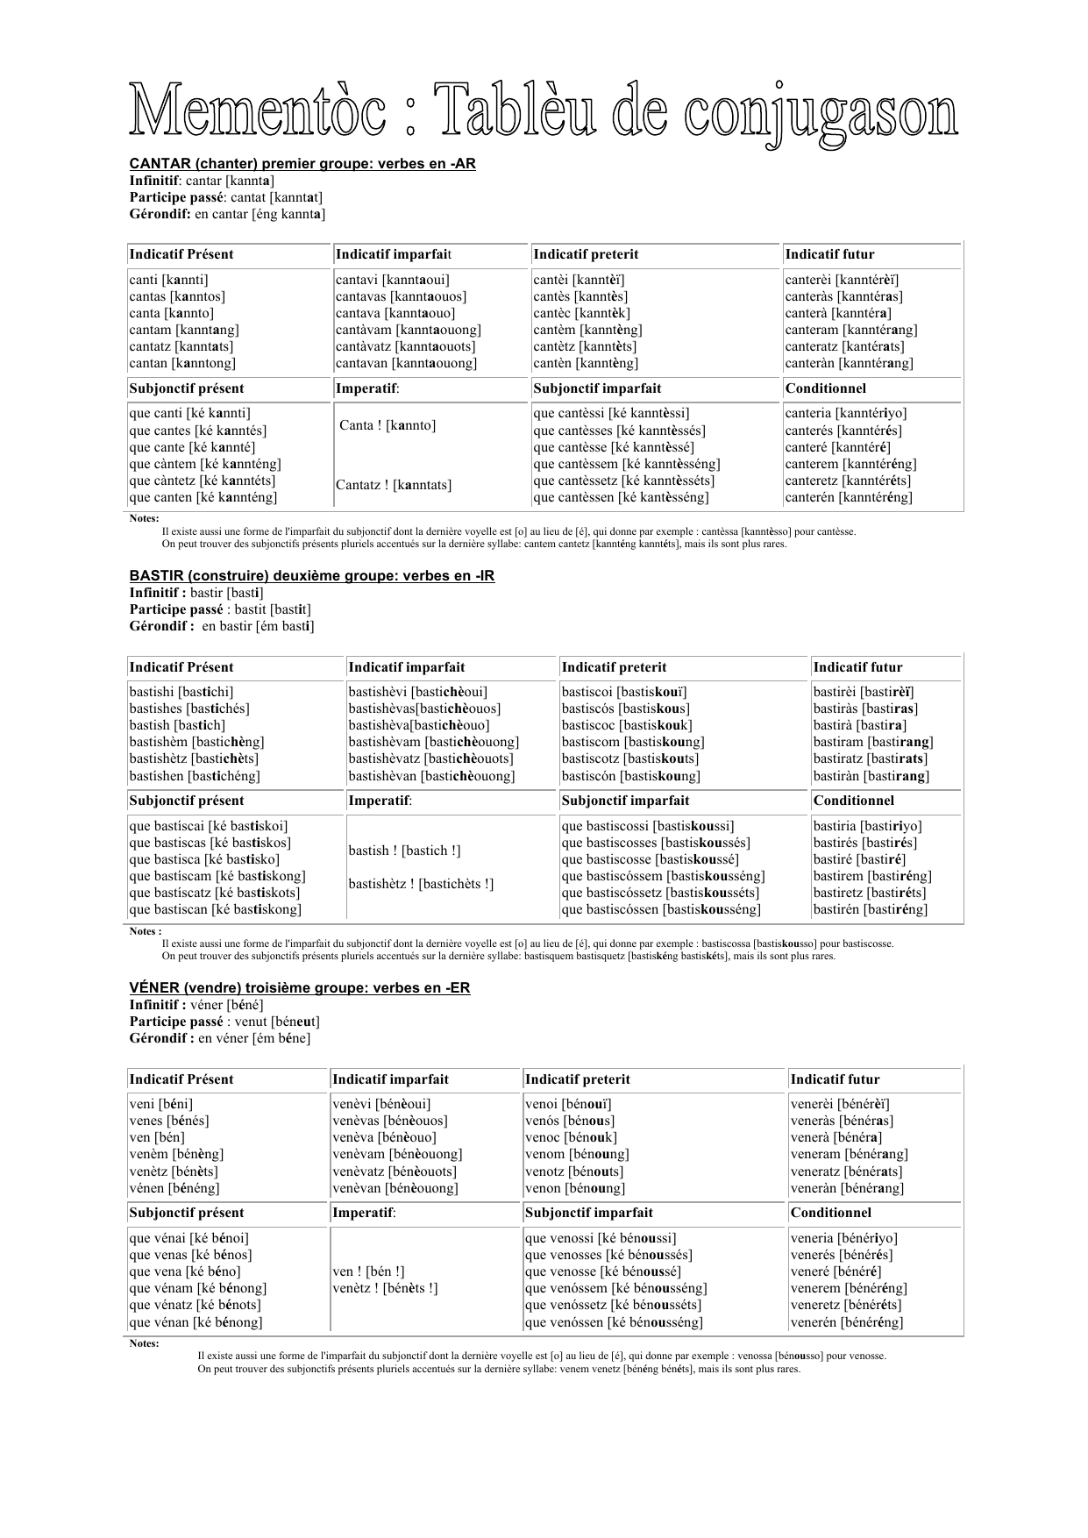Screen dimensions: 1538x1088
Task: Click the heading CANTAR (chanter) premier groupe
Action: coord(302,164)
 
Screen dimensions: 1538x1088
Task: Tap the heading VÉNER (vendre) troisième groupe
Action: coord(300,988)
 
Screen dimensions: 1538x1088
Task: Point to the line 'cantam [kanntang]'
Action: coord(184,330)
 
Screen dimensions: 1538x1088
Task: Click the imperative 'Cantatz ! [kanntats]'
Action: coord(394,485)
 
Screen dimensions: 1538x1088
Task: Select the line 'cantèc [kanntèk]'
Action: coord(581,313)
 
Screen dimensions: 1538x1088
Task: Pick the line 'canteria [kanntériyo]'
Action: coord(846,413)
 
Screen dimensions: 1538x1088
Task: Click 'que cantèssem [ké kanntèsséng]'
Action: coord(626,464)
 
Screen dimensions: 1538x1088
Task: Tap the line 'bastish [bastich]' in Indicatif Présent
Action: coord(177,725)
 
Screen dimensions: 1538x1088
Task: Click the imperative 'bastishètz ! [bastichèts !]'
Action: coord(421,884)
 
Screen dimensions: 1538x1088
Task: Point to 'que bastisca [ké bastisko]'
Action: coord(204,859)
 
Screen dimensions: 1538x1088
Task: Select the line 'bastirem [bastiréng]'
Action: coord(872,876)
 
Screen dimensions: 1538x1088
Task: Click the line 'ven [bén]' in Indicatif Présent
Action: coord(157,1137)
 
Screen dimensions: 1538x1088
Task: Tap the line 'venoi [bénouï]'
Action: coord(568,1104)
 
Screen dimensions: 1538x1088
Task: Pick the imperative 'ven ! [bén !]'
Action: coord(368,1271)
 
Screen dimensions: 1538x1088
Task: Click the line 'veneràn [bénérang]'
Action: coord(847,1188)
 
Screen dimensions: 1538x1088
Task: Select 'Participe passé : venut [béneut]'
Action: coord(224,1022)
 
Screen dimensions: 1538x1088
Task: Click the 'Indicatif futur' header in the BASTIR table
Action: coord(857,667)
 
